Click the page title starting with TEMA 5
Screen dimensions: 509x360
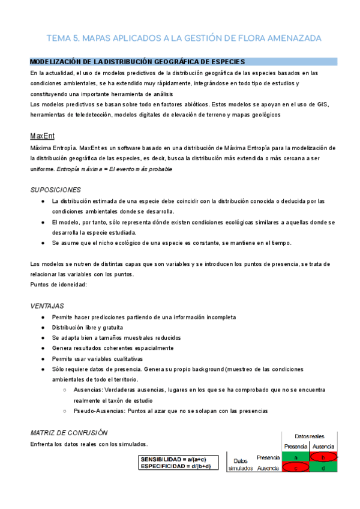[184, 38]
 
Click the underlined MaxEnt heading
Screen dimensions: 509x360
[41, 136]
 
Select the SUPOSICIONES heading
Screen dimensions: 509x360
[55, 190]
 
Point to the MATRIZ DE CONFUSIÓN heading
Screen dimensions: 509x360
[68, 433]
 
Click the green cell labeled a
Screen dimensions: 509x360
[295, 457]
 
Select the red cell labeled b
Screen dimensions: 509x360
[324, 457]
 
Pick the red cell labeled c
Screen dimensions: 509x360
[295, 468]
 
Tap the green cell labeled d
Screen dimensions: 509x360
[324, 468]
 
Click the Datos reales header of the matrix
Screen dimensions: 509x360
[310, 436]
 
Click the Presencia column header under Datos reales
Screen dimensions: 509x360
[295, 447]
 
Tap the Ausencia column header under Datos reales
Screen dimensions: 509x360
[324, 447]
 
